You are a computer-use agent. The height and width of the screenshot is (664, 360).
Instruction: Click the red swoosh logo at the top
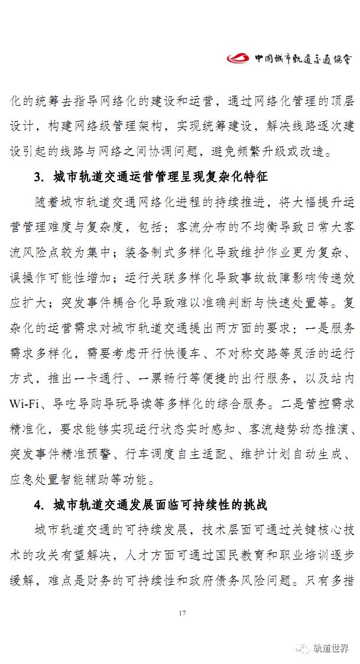pyautogui.click(x=239, y=58)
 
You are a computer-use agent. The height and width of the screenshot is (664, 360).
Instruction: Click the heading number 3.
pyautogui.click(x=38, y=177)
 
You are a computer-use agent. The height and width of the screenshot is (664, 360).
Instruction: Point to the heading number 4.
pyautogui.click(x=38, y=506)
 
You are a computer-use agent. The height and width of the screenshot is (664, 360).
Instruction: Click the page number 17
pyautogui.click(x=181, y=613)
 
